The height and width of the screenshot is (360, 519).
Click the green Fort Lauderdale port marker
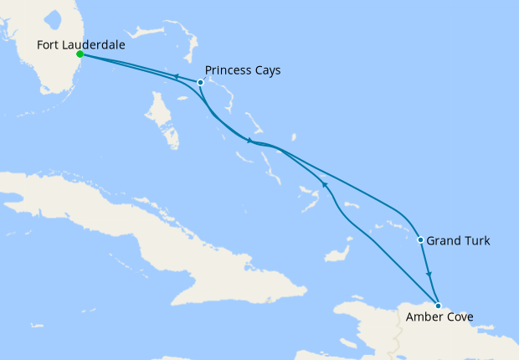[x=80, y=54]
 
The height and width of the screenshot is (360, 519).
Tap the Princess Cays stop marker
[x=200, y=82]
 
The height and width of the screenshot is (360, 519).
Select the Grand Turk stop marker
[x=420, y=240]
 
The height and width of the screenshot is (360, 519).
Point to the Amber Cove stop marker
[x=438, y=306]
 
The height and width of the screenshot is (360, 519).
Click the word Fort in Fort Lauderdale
[x=49, y=46]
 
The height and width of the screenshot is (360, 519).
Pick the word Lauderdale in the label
[x=95, y=46]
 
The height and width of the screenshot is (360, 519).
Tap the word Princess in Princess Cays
[x=229, y=70]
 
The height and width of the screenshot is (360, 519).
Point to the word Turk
[x=476, y=241]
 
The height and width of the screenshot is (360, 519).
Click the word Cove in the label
[x=460, y=317]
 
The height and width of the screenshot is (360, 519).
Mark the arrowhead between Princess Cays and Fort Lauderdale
[x=177, y=77]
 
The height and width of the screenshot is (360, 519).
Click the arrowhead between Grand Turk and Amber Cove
[x=429, y=275]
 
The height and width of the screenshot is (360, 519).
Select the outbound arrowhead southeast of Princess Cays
[x=249, y=141]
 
